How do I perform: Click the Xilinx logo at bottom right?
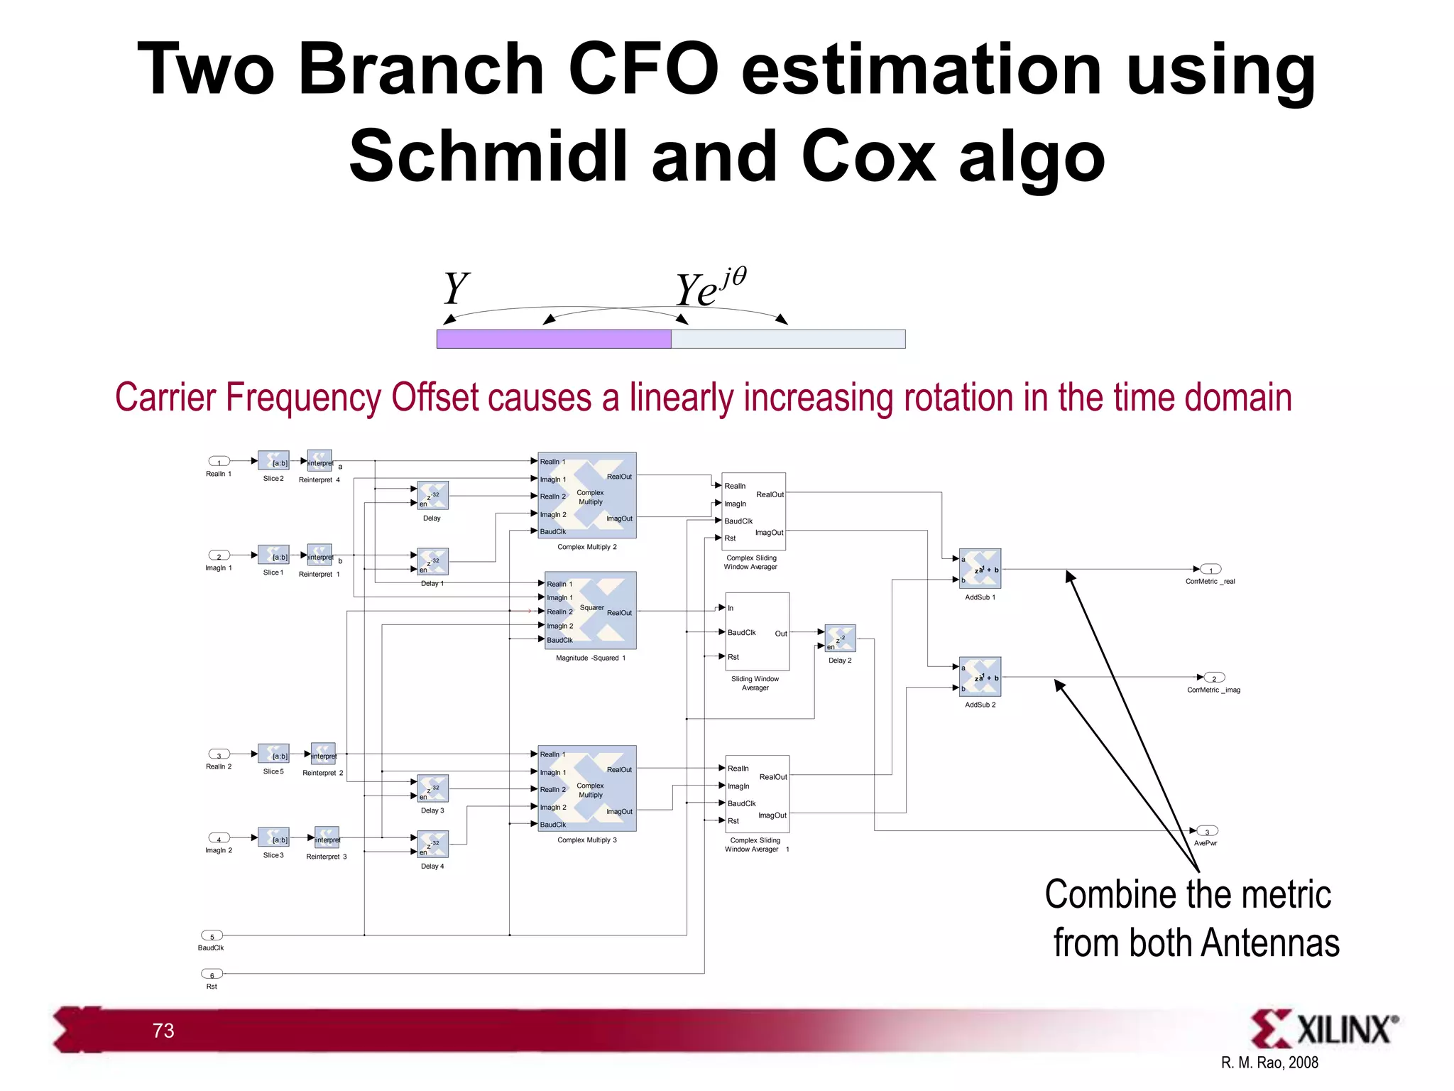point(1323,1028)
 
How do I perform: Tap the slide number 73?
point(163,1031)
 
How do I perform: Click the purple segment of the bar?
point(554,339)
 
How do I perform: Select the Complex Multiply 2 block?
point(586,495)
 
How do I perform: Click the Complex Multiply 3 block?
point(586,788)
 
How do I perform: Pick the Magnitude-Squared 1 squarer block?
point(590,611)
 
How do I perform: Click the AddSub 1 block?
point(980,569)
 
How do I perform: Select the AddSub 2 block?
point(980,677)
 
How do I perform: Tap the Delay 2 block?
point(840,639)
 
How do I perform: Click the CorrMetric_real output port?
point(1210,569)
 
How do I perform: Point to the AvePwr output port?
point(1207,831)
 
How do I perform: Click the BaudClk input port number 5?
point(212,935)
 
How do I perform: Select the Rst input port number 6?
point(212,974)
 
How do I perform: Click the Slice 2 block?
point(273,461)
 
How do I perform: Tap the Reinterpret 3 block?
point(327,838)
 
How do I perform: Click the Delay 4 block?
point(432,845)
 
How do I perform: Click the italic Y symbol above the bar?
point(455,289)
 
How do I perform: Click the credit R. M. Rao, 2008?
point(1269,1063)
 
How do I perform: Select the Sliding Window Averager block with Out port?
point(757,631)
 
